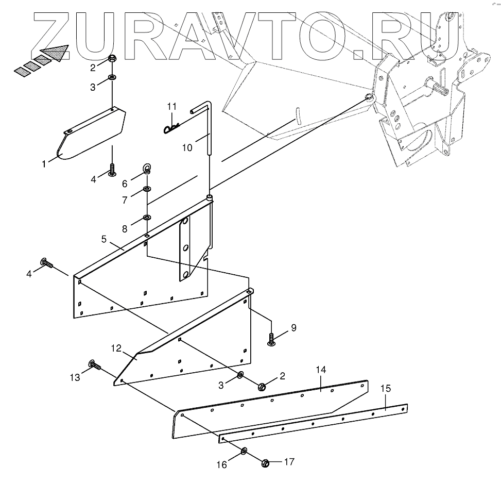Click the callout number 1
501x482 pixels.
click(x=44, y=164)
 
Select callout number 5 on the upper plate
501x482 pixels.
click(x=103, y=239)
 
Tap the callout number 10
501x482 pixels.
click(x=187, y=148)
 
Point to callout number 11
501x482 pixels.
click(x=171, y=107)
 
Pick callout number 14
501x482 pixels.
click(x=321, y=369)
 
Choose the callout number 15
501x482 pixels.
click(x=386, y=388)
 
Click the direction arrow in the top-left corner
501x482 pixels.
click(x=51, y=54)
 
